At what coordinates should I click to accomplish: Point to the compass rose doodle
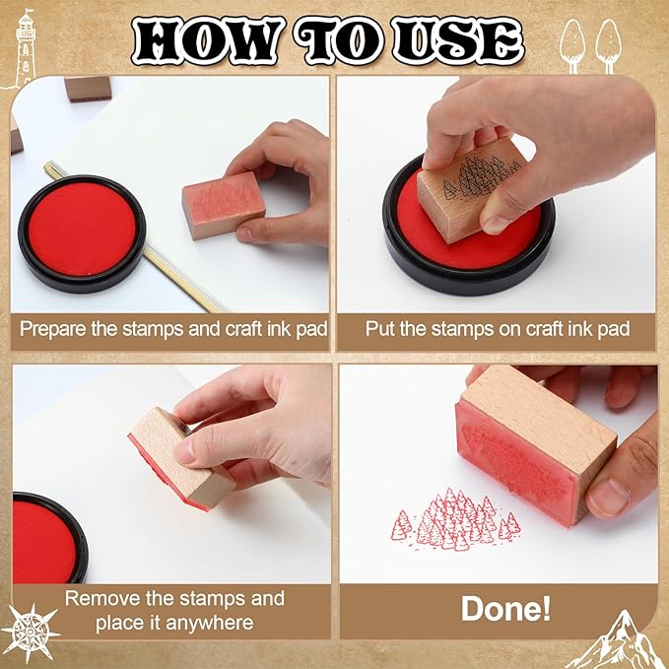click(29, 628)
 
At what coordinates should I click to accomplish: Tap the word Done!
click(505, 609)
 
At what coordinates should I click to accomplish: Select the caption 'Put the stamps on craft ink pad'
click(498, 328)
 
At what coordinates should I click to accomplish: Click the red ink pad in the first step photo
click(78, 229)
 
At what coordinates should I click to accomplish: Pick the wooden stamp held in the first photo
click(224, 204)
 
